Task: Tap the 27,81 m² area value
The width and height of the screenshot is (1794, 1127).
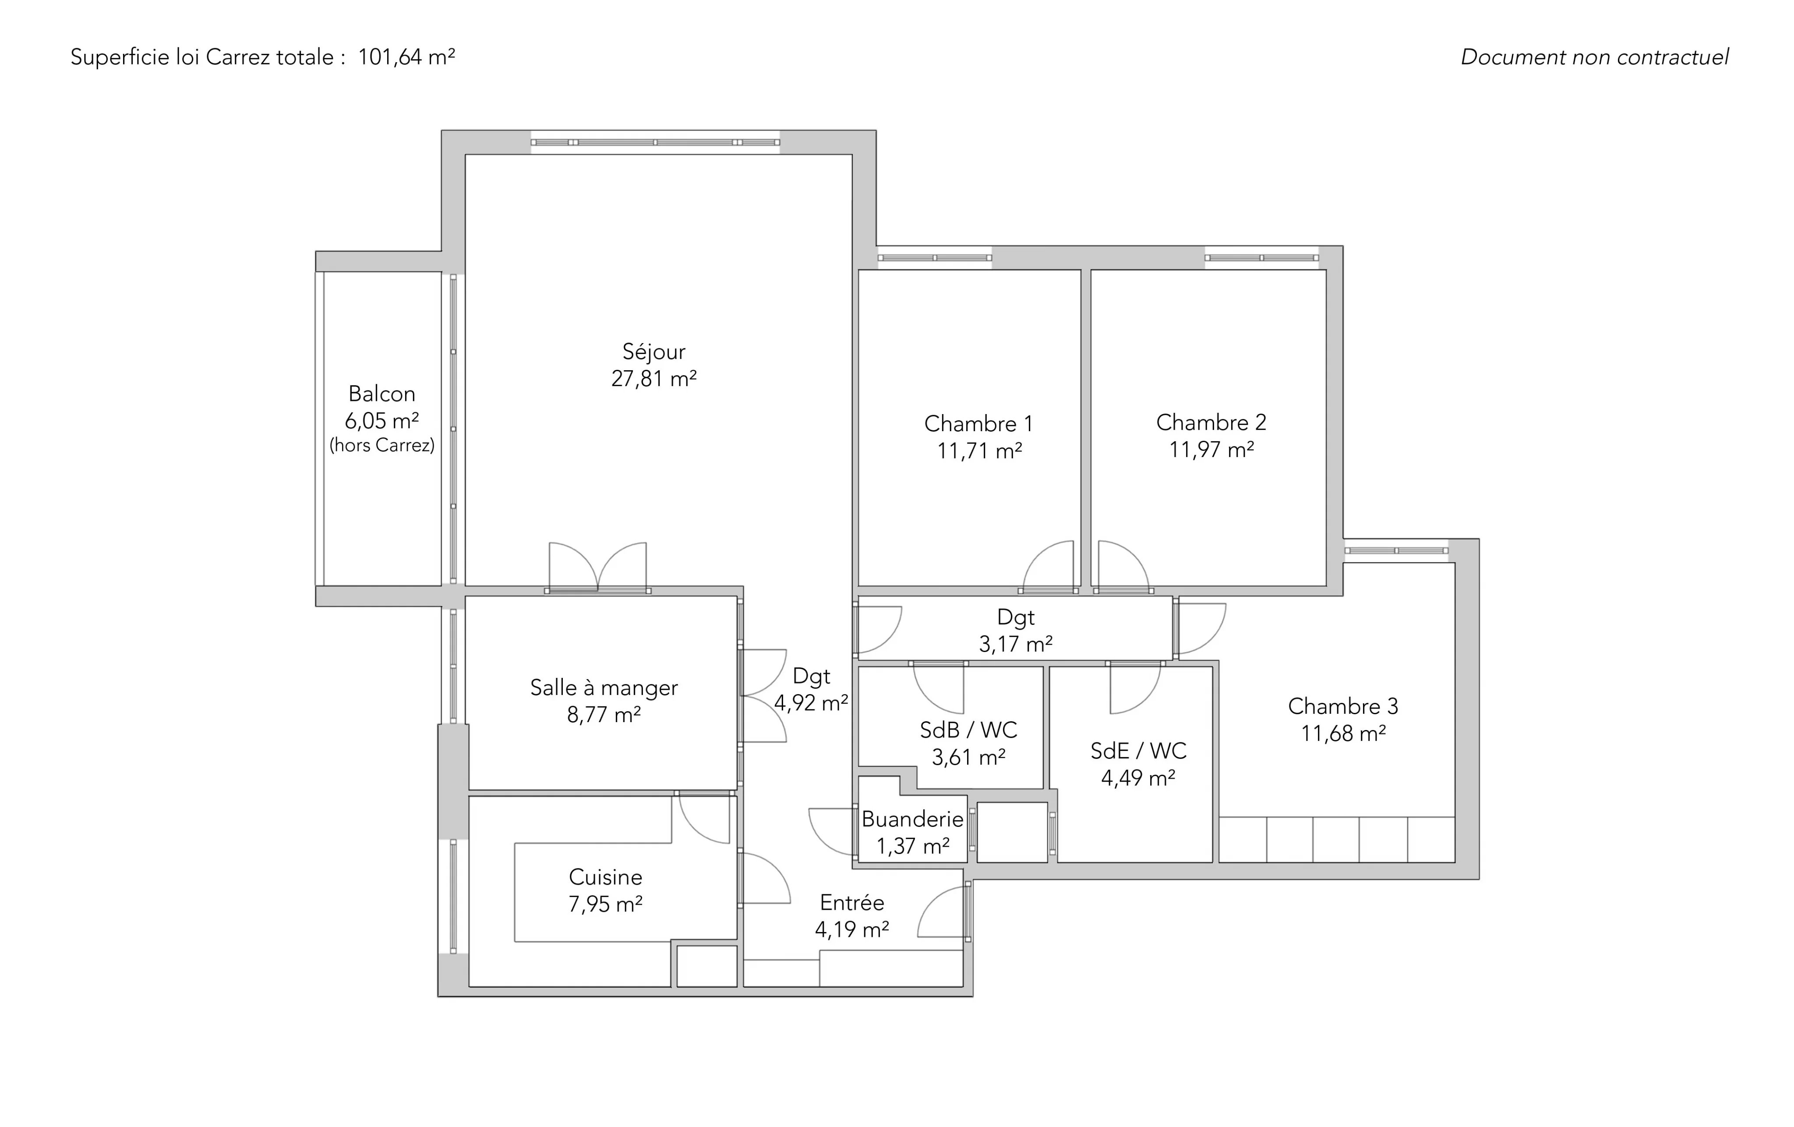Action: tap(653, 379)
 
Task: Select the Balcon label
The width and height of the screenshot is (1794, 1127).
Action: tap(381, 393)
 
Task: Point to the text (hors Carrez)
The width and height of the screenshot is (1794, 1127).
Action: tap(381, 445)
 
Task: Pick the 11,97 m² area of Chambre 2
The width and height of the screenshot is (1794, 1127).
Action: tap(1211, 450)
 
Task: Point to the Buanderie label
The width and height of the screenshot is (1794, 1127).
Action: tap(913, 819)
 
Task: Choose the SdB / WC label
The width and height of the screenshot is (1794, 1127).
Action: tap(968, 730)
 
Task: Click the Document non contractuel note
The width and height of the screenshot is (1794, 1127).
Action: tap(1594, 57)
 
